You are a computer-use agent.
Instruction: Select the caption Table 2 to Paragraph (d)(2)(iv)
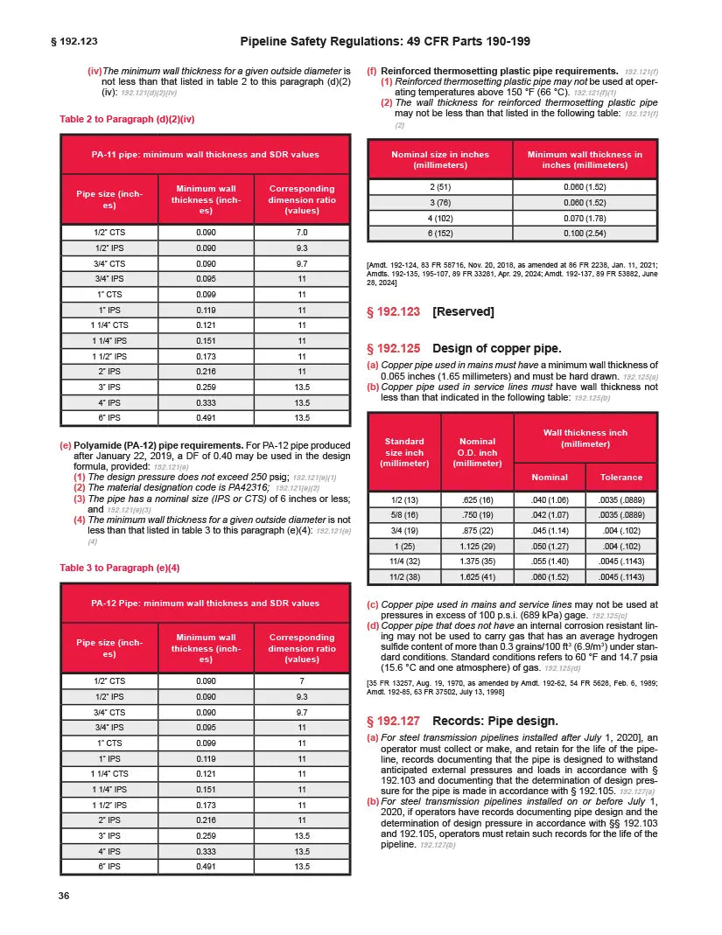coord(126,118)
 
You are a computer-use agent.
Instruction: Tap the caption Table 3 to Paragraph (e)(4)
coord(119,568)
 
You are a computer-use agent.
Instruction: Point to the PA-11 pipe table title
coord(205,154)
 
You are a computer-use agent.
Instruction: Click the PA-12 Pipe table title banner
coord(205,604)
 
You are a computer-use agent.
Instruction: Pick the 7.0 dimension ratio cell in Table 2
coord(302,232)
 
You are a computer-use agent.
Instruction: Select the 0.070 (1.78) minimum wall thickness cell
coord(584,218)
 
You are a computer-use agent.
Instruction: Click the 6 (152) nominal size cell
coord(440,234)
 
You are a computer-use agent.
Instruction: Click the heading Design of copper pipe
coord(496,348)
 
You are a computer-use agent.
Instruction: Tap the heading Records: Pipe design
coord(494,721)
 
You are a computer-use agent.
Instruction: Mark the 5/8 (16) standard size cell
coord(403,515)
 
